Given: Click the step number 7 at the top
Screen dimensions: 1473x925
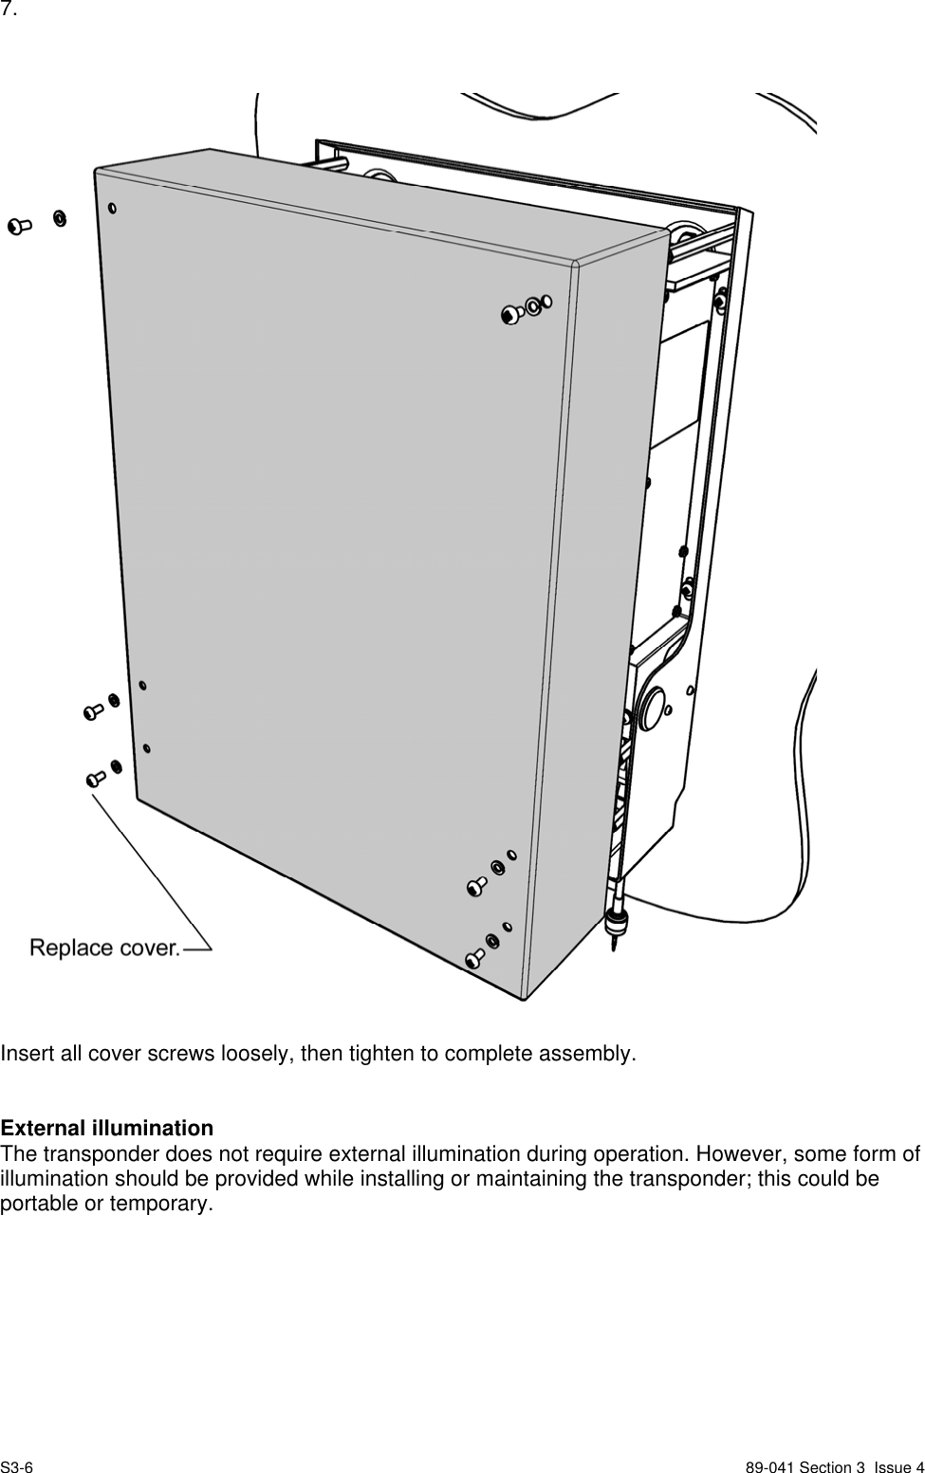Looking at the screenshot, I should tap(9, 10).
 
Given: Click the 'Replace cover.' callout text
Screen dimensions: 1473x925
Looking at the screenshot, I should tap(104, 947).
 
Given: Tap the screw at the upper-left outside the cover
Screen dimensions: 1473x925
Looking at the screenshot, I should tap(19, 226).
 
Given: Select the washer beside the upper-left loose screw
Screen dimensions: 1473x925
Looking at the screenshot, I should tap(59, 220).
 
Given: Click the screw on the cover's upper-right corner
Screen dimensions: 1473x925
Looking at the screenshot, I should tap(512, 314).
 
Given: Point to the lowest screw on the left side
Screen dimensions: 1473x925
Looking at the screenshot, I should tap(95, 779).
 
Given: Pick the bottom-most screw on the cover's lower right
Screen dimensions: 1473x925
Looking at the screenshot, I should tap(475, 960).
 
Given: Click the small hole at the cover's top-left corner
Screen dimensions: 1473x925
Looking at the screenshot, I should tap(113, 208).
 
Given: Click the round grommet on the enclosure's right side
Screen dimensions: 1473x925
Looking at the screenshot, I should tap(653, 709).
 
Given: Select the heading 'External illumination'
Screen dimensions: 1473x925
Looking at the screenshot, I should tap(107, 1129).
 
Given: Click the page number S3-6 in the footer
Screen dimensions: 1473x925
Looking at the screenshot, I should tap(17, 1467).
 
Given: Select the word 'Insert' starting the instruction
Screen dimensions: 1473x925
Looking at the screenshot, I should tap(24, 1054).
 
